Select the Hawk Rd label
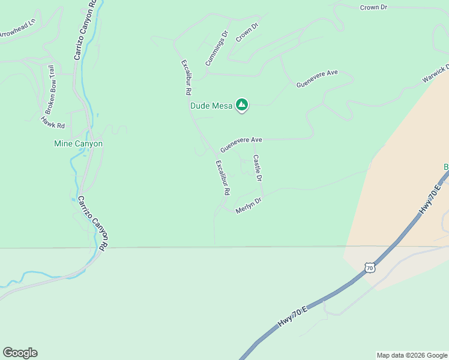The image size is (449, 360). [52, 122]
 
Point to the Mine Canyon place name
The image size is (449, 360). [79, 144]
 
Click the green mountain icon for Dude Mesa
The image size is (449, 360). [241, 106]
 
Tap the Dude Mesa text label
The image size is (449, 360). [211, 106]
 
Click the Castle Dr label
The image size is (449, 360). [257, 169]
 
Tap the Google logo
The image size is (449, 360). [20, 353]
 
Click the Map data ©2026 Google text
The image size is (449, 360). [411, 355]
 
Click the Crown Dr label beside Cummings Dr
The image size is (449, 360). [247, 32]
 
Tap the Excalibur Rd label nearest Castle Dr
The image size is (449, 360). [223, 178]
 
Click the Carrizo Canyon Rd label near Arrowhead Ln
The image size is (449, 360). [85, 30]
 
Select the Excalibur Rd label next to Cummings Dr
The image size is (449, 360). [186, 78]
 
